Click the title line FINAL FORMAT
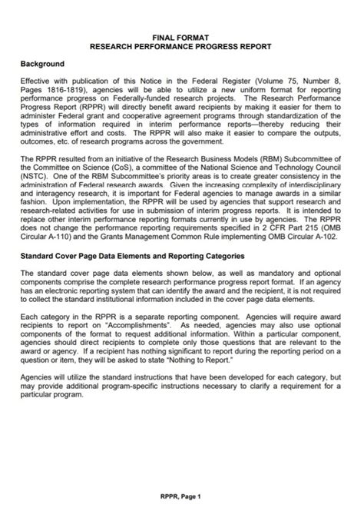(181, 36)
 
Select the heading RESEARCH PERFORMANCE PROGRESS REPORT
(181, 46)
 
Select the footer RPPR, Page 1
(182, 497)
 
